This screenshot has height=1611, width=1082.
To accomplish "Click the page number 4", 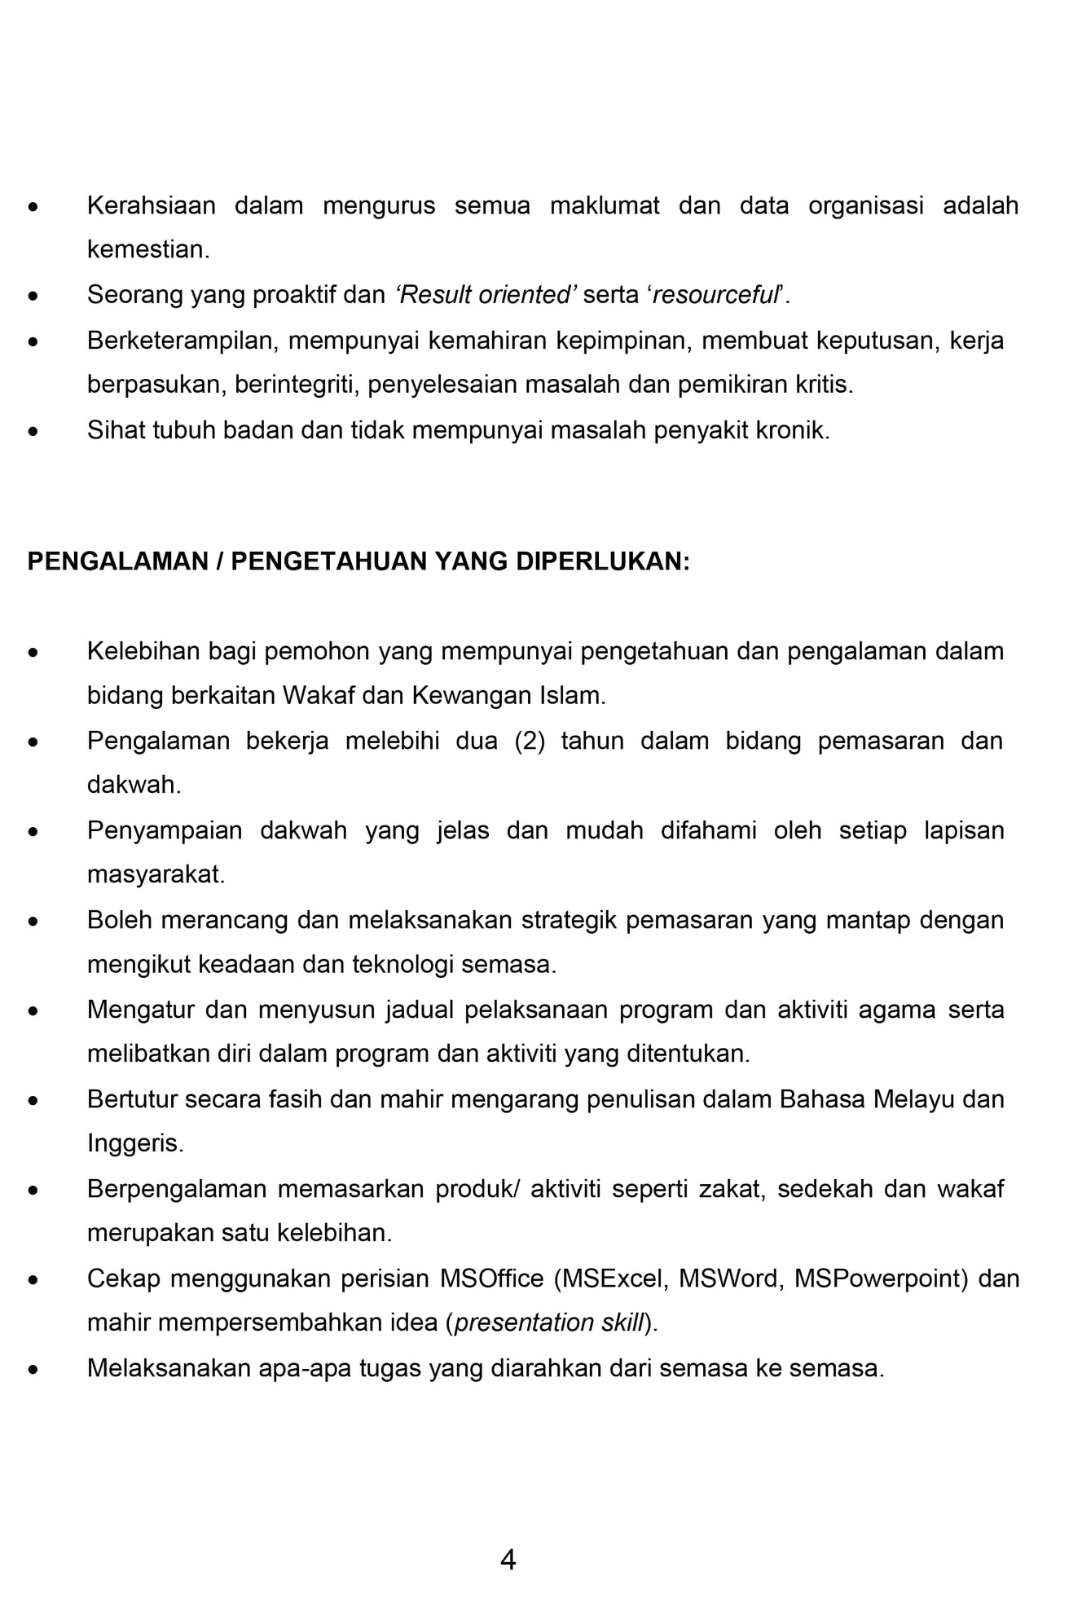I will tap(508, 1560).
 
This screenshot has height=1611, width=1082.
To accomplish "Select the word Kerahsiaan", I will tap(151, 205).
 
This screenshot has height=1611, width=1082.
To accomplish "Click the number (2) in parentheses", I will tap(530, 741).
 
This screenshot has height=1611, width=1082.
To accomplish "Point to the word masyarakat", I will tap(155, 875).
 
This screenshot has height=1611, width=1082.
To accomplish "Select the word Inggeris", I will tap(134, 1144).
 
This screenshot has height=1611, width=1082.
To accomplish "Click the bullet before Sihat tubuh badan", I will tap(33, 430).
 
